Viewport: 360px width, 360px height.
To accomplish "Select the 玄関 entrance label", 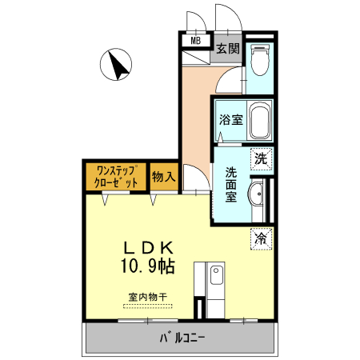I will (227, 48).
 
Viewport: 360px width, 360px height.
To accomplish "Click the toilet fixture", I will (260, 61).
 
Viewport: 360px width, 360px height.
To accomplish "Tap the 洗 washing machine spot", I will (261, 159).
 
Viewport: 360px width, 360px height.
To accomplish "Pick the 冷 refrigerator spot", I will (261, 238).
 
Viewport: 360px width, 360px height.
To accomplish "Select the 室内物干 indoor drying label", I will (146, 297).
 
